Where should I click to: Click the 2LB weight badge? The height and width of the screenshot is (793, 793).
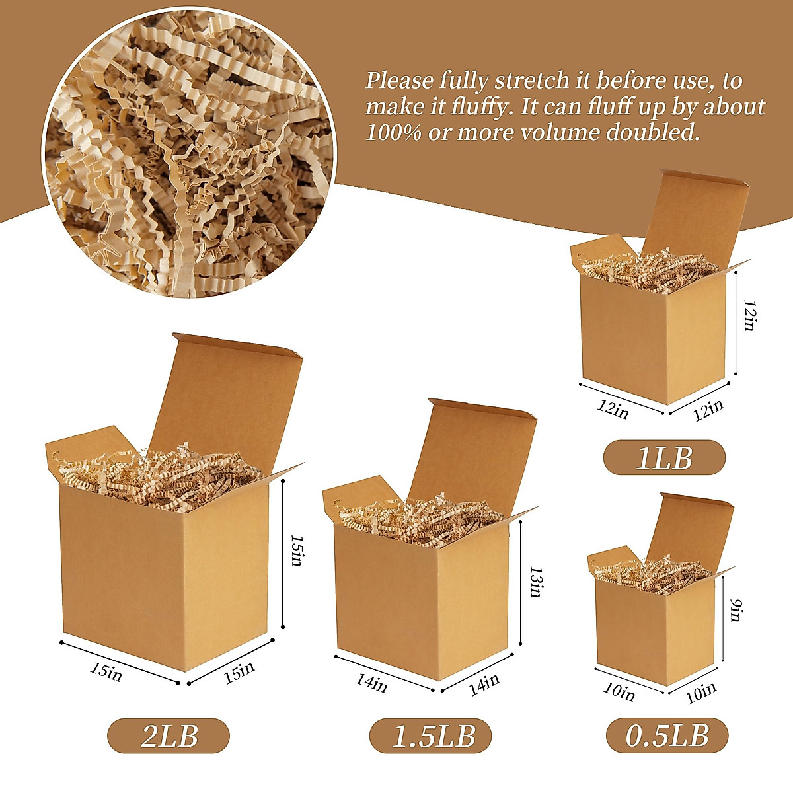(x=169, y=736)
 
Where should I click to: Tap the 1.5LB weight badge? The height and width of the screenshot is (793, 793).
(x=430, y=736)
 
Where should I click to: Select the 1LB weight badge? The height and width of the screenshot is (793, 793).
(x=663, y=457)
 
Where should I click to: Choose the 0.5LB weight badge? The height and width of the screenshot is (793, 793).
(x=667, y=735)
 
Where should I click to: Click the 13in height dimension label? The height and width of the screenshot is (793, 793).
(x=536, y=582)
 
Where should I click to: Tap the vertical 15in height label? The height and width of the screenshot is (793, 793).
(x=295, y=550)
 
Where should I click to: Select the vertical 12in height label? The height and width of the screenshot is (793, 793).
(x=749, y=315)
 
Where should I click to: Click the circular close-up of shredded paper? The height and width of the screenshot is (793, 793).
(x=188, y=159)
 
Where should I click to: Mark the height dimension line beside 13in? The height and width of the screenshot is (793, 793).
(x=522, y=582)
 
